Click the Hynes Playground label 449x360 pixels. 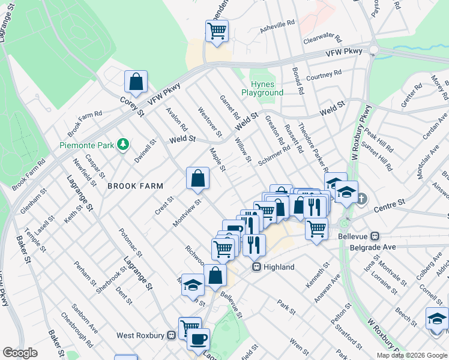click(262, 89)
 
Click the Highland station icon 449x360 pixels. click(256, 267)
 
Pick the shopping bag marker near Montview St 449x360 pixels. click(197, 178)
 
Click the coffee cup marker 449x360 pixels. click(198, 339)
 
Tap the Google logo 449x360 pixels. click(20, 353)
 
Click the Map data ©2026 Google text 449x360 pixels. click(412, 355)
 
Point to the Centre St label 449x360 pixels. click(387, 209)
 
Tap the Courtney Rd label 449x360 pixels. click(324, 74)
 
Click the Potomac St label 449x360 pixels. click(129, 240)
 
